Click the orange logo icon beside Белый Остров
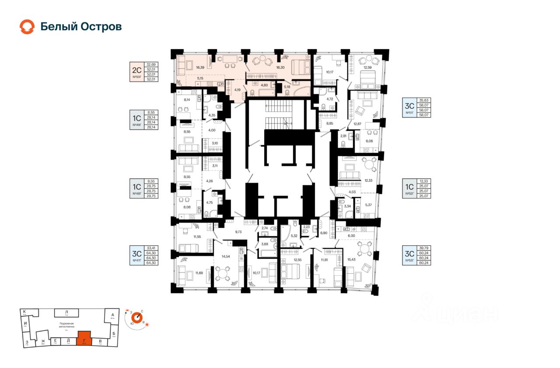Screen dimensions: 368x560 27,27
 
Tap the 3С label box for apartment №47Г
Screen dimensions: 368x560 136,255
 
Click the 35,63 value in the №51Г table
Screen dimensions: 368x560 423,100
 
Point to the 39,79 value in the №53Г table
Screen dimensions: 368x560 423,248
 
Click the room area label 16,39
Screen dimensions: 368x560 200,67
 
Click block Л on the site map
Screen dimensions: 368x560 66,312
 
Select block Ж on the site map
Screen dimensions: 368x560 43,341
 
